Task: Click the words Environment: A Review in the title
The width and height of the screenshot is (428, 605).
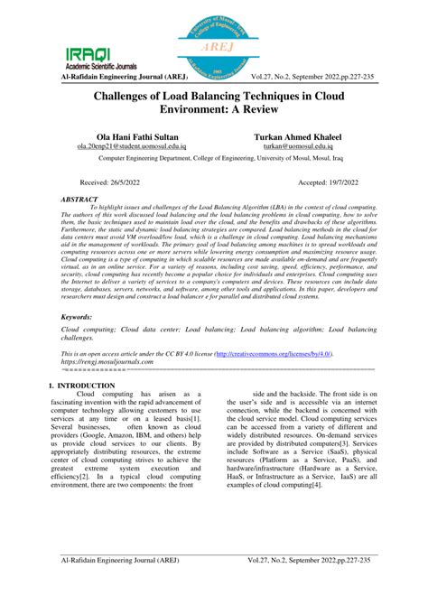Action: point(214,109)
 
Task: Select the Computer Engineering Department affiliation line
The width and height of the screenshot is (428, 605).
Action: point(213,157)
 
